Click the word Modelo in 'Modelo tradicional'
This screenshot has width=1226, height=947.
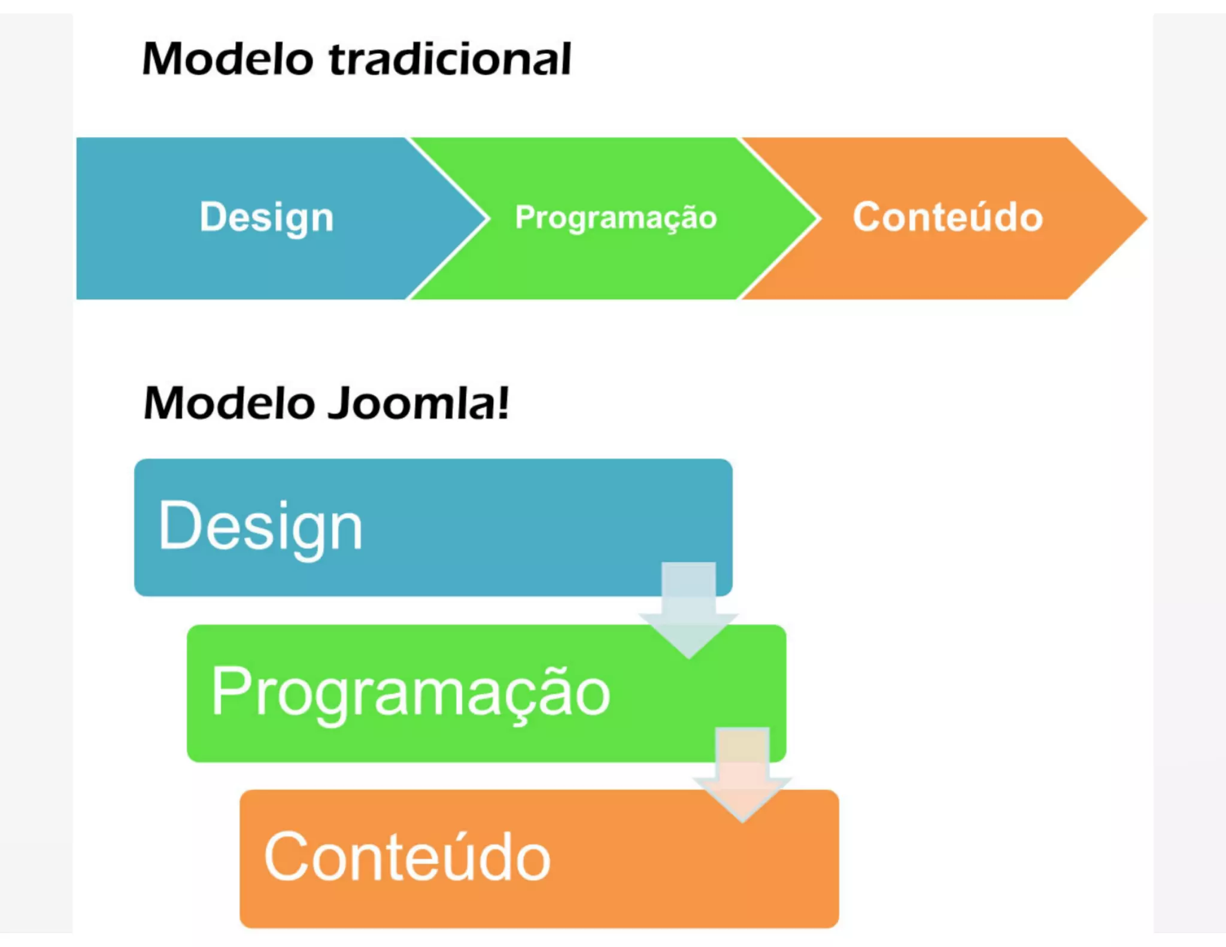click(x=227, y=60)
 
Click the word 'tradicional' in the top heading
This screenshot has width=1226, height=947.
click(x=450, y=60)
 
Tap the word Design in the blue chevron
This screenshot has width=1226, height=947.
click(x=266, y=217)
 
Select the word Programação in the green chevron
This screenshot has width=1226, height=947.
click(x=615, y=217)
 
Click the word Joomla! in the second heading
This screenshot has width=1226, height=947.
click(x=419, y=403)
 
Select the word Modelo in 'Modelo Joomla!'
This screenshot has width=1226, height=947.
click(x=229, y=403)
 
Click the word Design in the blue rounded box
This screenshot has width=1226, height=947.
click(x=260, y=527)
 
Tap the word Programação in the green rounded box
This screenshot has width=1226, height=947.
click(x=410, y=693)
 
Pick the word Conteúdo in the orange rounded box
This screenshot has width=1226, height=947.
click(x=407, y=857)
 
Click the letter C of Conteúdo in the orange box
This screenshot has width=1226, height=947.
click(x=284, y=857)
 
